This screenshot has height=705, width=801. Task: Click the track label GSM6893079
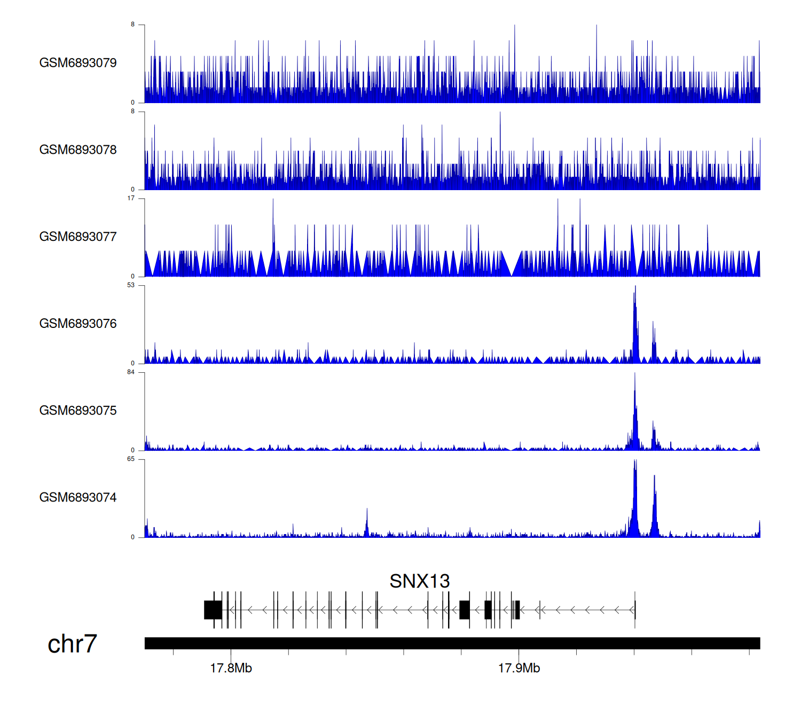pyautogui.click(x=78, y=63)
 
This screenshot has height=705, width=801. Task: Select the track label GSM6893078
pyautogui.click(x=78, y=150)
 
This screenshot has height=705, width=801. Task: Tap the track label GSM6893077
pyautogui.click(x=78, y=237)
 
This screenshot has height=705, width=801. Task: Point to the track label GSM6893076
pyautogui.click(x=78, y=324)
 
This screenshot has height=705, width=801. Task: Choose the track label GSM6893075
pyautogui.click(x=78, y=411)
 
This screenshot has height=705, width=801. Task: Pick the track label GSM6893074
pyautogui.click(x=78, y=498)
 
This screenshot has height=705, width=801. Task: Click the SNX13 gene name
pyautogui.click(x=420, y=581)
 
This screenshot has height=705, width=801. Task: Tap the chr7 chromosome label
pyautogui.click(x=72, y=644)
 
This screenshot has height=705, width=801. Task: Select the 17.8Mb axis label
pyautogui.click(x=231, y=668)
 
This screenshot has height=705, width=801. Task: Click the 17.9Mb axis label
pyautogui.click(x=519, y=668)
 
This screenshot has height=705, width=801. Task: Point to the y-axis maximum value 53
pyautogui.click(x=131, y=285)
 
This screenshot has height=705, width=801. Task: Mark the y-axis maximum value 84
pyautogui.click(x=131, y=372)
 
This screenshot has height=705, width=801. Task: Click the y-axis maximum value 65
pyautogui.click(x=131, y=459)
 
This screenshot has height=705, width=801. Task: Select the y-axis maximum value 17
pyautogui.click(x=131, y=198)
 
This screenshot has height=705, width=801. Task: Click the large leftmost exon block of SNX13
pyautogui.click(x=213, y=610)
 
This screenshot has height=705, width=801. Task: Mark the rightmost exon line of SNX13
pyautogui.click(x=635, y=610)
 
